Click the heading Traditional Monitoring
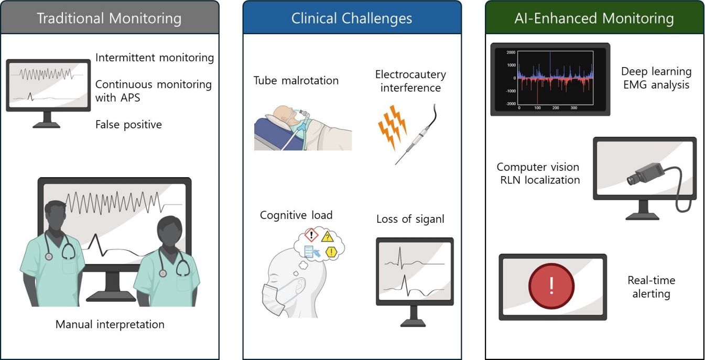pos(109,18)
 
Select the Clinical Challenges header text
pos(352,18)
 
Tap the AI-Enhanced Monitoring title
pos(594,18)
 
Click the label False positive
pos(128,125)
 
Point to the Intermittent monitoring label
pos(155,58)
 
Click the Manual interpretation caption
pos(110,324)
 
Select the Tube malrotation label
pos(296,81)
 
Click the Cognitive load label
pos(296,215)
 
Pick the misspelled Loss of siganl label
pos(410,219)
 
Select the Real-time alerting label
pos(652,287)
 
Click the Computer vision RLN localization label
pos(538,173)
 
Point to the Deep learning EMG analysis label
pos(656,78)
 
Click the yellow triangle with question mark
pos(328,236)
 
